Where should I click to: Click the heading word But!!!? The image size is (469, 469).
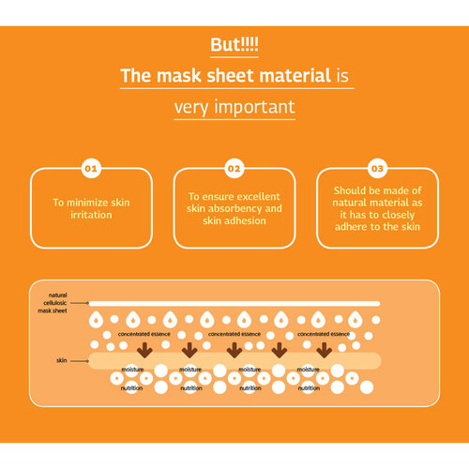234,44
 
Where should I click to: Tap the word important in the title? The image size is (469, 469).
254,107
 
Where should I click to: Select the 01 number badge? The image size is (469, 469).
91,169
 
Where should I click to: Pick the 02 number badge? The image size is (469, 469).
234,169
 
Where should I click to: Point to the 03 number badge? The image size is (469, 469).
377,169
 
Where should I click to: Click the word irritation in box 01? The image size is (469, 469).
91,215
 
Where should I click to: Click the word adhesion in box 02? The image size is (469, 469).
246,220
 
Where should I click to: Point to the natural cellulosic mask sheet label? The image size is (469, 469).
53,303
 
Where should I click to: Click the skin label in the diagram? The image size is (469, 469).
62,360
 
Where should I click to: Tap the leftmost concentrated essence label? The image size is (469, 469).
144,334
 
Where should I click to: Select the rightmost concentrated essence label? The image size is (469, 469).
324,334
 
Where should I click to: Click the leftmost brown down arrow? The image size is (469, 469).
144,350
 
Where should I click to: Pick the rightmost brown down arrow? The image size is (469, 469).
325,350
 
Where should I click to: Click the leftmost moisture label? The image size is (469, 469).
132,370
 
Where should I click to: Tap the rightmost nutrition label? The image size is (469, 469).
309,388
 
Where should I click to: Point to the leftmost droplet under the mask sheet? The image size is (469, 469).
96,320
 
